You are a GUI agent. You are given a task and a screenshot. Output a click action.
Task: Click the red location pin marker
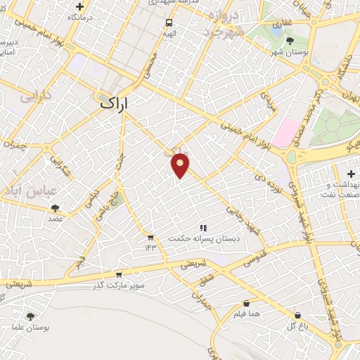click(181, 165)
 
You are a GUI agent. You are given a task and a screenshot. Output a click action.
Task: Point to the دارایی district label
click(36, 96)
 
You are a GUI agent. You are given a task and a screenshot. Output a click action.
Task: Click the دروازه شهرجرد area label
click(221, 23)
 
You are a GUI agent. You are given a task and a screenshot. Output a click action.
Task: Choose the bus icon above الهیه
click(169, 22)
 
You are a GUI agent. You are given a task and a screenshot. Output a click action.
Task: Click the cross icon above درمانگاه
click(79, 6)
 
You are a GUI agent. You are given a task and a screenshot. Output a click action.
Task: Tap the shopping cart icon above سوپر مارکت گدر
click(118, 274)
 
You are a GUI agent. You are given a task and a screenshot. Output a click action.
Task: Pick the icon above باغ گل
click(298, 314)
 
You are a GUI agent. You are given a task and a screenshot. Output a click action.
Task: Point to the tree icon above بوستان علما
click(30, 316)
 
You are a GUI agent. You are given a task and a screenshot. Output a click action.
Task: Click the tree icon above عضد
click(55, 207)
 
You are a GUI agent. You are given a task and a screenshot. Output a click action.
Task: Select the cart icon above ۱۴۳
click(150, 236)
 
